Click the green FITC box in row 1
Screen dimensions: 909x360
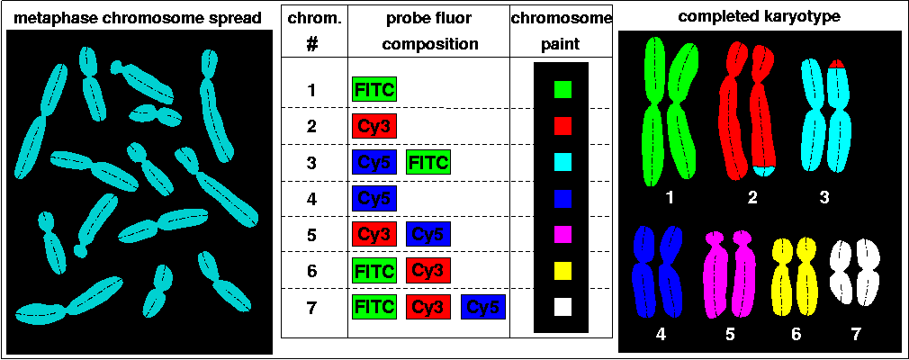(x=373, y=89)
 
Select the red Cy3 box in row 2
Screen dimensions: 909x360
(x=373, y=126)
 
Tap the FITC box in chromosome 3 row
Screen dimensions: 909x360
(x=428, y=162)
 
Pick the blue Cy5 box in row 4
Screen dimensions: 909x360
(x=373, y=198)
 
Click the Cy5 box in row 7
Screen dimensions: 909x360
(x=483, y=307)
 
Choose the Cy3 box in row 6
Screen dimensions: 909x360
(x=428, y=270)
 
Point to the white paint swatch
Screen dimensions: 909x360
(x=562, y=307)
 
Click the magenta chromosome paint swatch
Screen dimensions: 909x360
(x=562, y=234)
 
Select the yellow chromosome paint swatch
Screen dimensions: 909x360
(x=562, y=270)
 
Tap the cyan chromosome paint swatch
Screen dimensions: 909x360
(x=562, y=162)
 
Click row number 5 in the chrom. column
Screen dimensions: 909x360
(x=311, y=235)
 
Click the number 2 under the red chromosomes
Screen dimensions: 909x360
(x=752, y=198)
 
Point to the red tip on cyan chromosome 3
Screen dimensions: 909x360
(x=836, y=63)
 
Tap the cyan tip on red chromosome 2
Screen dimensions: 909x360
(x=764, y=170)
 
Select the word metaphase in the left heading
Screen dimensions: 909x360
(x=52, y=18)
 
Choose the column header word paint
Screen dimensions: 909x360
(x=562, y=43)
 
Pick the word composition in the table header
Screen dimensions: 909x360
(x=428, y=43)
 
